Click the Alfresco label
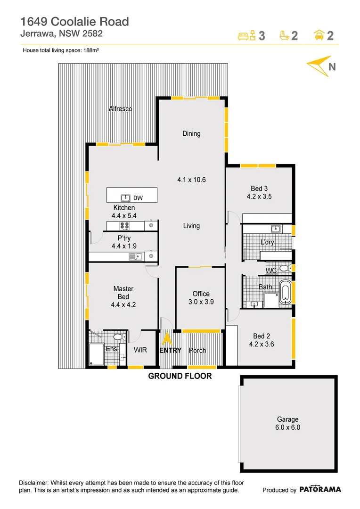(120, 109)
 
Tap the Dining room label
(191, 133)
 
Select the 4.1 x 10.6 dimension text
(191, 180)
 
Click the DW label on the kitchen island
(138, 198)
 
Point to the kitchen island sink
(126, 197)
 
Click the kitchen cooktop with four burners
(125, 225)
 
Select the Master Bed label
(123, 293)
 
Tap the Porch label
(197, 350)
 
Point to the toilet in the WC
(284, 268)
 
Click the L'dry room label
(267, 242)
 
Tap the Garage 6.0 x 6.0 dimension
(287, 427)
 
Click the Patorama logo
(320, 489)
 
